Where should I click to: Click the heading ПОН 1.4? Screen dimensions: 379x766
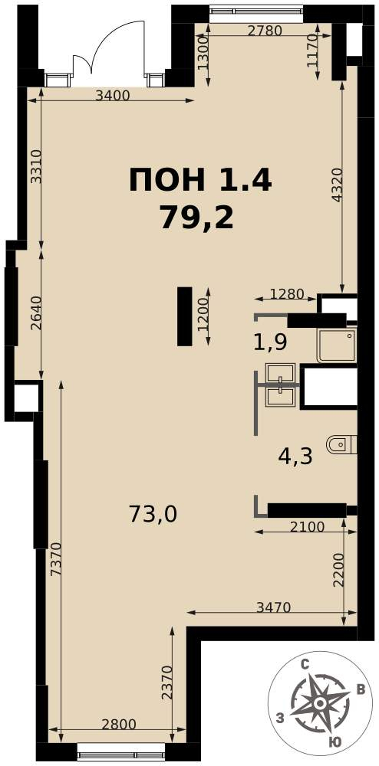pyautogui.click(x=200, y=179)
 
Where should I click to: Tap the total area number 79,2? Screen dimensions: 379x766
pyautogui.click(x=196, y=217)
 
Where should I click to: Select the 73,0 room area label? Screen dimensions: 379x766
pyautogui.click(x=153, y=514)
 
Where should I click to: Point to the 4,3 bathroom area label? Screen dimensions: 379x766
pyautogui.click(x=295, y=457)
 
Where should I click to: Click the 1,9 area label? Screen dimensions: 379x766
pyautogui.click(x=270, y=343)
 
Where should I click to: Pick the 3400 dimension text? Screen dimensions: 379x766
pyautogui.click(x=113, y=95)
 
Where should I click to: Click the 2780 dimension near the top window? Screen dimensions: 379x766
pyautogui.click(x=265, y=31)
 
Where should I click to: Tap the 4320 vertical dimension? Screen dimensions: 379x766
pyautogui.click(x=335, y=185)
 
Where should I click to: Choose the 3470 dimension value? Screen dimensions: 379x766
pyautogui.click(x=274, y=607)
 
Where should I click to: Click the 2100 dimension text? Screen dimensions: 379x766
pyautogui.click(x=308, y=527)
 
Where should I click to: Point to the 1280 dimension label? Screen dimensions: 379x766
pyautogui.click(x=287, y=295)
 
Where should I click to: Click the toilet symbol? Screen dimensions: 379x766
pyautogui.click(x=342, y=444)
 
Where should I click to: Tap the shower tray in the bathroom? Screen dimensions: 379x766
pyautogui.click(x=337, y=345)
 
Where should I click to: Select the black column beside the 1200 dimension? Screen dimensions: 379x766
pyautogui.click(x=184, y=316)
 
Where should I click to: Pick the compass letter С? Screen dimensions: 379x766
pyautogui.click(x=304, y=664)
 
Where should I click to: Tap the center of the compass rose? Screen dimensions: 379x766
pyautogui.click(x=319, y=703)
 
